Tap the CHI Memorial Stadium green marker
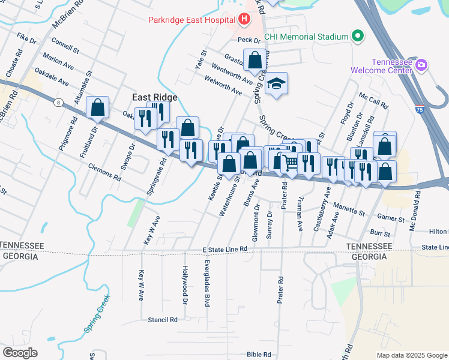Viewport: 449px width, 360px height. [358, 37]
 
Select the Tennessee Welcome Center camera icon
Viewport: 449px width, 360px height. [421, 65]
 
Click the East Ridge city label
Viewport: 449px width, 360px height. [155, 97]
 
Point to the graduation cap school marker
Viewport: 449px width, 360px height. [277, 83]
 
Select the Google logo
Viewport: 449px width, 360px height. [20, 352]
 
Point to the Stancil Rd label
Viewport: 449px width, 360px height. [163, 320]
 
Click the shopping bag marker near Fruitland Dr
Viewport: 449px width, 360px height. [97, 108]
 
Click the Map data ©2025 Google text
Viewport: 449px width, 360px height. [411, 355]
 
